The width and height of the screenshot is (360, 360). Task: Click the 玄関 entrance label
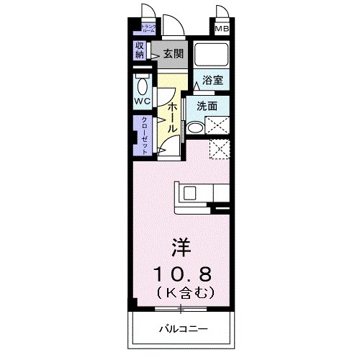[x=173, y=54]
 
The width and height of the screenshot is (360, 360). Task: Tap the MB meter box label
[x=222, y=30]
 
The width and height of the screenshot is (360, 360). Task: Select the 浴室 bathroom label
[x=212, y=81]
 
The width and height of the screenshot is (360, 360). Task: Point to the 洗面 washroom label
[x=207, y=105]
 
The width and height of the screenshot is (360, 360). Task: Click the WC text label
[x=141, y=102]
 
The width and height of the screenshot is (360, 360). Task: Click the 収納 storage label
[x=139, y=50]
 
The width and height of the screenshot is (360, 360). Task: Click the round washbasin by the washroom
[x=195, y=128]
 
